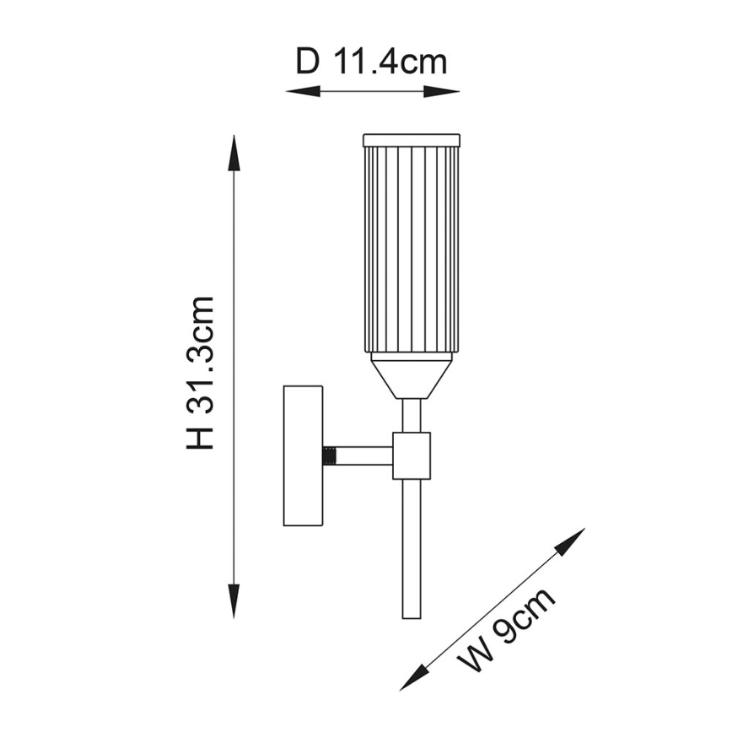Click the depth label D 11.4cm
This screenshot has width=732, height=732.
pos(371,62)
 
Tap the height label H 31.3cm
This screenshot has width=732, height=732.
pos(201,372)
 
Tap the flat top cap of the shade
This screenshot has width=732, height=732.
pos(411,139)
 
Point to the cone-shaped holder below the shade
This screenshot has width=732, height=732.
pos(411,376)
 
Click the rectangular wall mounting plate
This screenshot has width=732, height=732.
pos(303,455)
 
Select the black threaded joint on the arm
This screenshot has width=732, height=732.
pos(330,455)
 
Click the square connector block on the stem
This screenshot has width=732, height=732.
pos(411,455)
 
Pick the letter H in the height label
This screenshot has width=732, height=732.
pos(201,436)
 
